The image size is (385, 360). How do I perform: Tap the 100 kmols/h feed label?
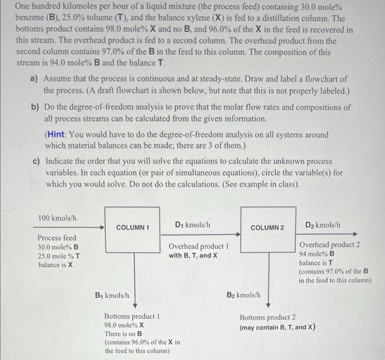57,219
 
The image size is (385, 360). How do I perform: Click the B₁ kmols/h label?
112,295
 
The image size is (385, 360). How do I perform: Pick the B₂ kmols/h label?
245,295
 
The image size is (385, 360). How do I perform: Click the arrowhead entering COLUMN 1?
102,227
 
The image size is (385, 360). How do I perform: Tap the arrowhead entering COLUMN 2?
238,227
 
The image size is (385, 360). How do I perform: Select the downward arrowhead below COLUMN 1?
134,304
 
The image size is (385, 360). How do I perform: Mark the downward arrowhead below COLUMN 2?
268,304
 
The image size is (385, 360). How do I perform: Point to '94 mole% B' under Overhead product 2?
316,254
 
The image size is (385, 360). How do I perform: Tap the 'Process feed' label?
57,238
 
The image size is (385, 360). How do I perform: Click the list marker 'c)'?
35,161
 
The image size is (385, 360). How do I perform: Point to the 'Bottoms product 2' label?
267,318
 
